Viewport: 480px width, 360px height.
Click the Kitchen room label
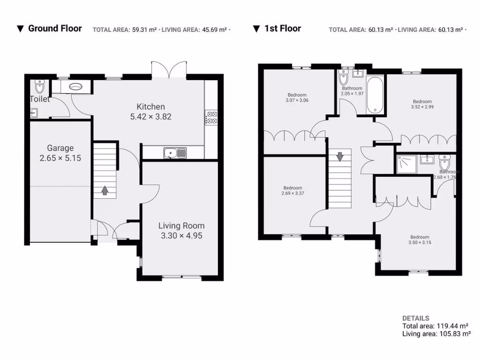[x=150, y=106]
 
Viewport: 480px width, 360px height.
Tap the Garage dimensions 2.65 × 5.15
[x=60, y=158]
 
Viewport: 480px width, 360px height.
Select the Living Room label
[x=181, y=225]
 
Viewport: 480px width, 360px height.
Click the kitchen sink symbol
[x=175, y=152]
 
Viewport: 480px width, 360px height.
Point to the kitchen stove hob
[x=211, y=117]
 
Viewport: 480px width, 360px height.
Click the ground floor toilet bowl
[x=39, y=87]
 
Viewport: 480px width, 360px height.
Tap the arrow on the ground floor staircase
[x=104, y=190]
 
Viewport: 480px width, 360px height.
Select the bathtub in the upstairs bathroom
[x=375, y=96]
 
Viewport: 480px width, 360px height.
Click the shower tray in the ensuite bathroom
[x=406, y=164]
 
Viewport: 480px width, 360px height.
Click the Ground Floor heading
[x=55, y=29]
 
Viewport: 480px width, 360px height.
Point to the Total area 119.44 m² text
[x=435, y=326]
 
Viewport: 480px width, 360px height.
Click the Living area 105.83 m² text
[x=436, y=334]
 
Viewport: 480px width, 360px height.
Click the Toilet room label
[x=39, y=99]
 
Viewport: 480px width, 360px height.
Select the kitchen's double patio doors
[x=169, y=70]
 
